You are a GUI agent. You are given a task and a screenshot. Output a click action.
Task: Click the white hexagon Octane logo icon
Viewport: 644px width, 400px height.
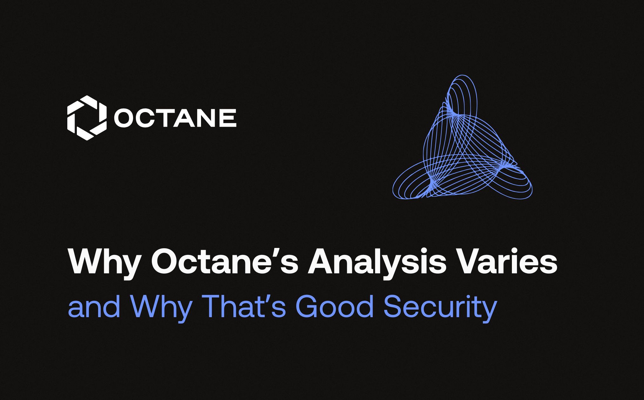click(x=87, y=118)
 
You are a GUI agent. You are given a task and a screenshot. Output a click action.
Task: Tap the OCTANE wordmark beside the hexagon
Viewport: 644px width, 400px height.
click(x=175, y=118)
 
